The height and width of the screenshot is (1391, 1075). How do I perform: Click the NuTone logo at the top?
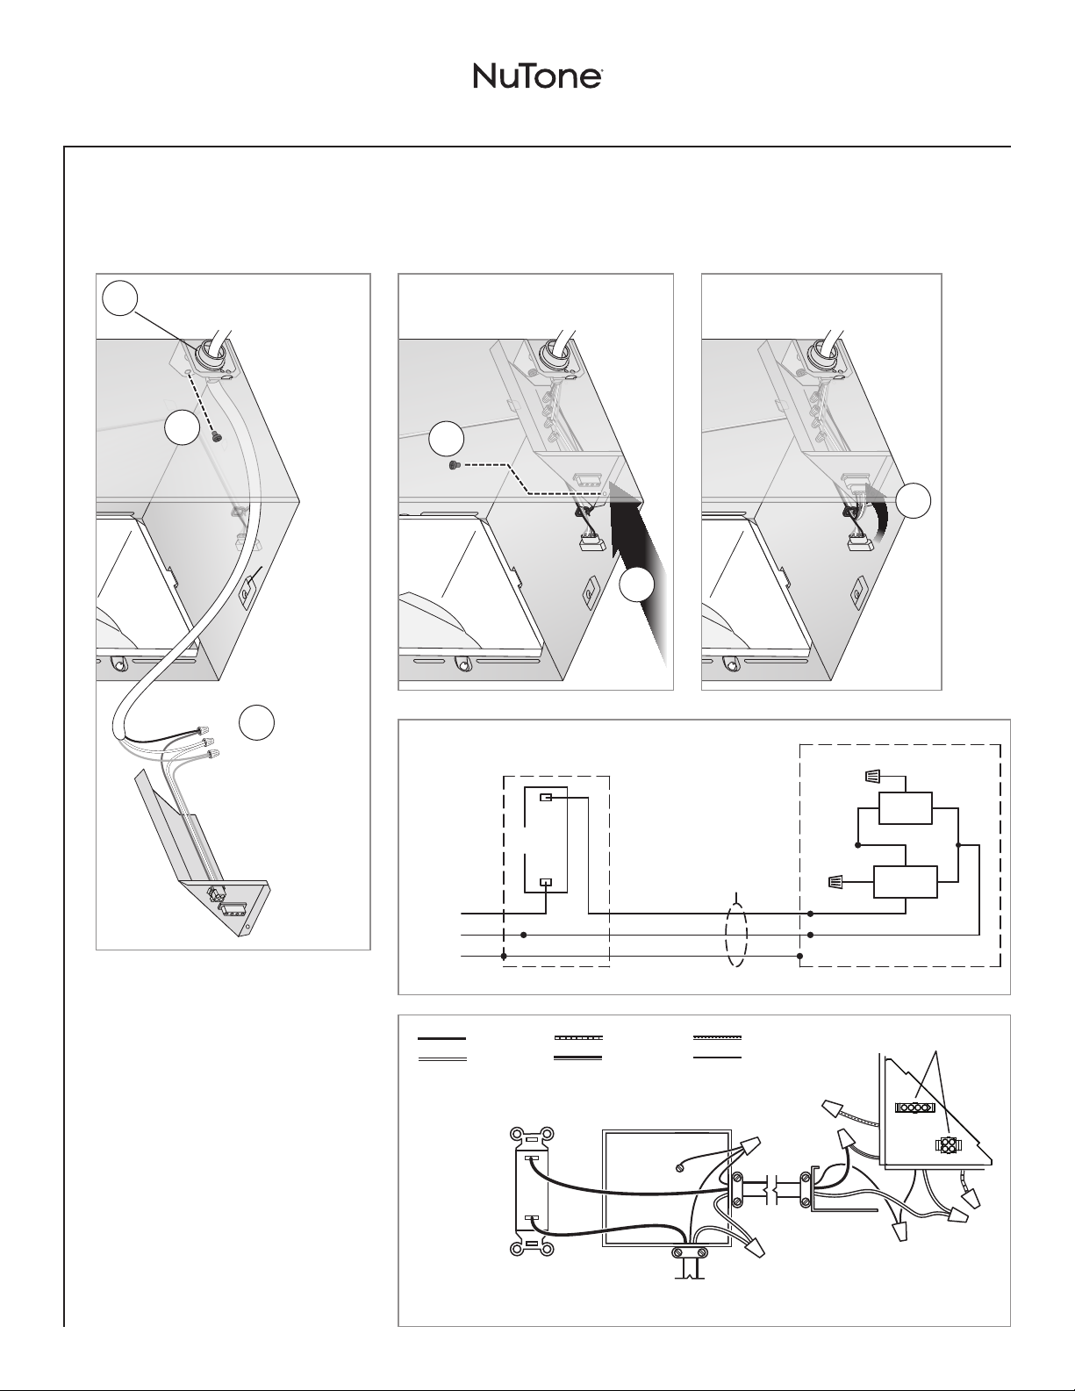coord(537,76)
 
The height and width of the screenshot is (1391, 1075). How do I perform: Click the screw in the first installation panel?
coord(217,436)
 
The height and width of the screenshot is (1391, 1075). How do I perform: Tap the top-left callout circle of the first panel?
coord(119,298)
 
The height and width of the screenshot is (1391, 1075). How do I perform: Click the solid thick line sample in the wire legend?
coord(441,1037)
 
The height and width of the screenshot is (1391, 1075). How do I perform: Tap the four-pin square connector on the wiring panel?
coord(947,1145)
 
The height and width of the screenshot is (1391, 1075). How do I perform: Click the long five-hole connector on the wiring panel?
coord(914,1108)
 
